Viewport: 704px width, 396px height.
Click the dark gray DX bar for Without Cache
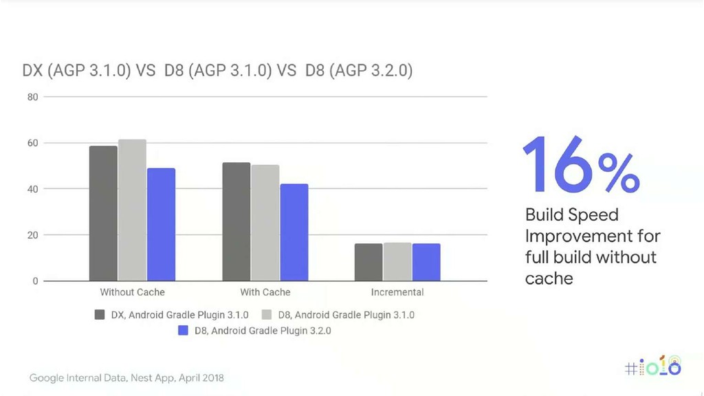tap(103, 213)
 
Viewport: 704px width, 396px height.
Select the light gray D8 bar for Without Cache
tap(133, 210)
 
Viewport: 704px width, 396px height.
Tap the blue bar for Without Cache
tap(161, 225)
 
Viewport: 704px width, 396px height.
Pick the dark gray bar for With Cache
tap(236, 222)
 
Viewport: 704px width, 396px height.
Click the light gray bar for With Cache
tap(265, 223)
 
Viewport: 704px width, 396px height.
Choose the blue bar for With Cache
tap(294, 232)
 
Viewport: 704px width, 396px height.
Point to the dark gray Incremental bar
tap(368, 262)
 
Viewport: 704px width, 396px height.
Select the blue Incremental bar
tap(426, 262)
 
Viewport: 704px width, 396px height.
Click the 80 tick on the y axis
tap(33, 97)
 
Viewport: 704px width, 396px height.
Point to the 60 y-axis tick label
tap(33, 143)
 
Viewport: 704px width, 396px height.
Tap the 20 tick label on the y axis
tap(33, 235)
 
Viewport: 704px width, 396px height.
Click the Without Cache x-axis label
tap(133, 292)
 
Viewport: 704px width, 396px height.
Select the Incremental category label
tap(397, 292)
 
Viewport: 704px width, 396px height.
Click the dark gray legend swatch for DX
tap(100, 315)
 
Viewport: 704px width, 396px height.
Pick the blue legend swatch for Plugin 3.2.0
tap(183, 331)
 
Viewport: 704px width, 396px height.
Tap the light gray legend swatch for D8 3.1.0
tap(267, 315)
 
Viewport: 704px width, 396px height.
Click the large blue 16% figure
tap(582, 165)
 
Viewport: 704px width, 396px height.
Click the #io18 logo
tap(653, 366)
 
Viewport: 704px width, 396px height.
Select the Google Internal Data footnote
tap(126, 378)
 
